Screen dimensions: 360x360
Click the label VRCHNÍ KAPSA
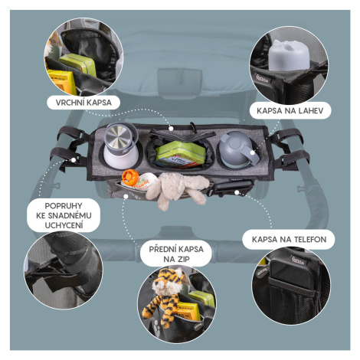83,103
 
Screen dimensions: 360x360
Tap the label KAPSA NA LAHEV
290,111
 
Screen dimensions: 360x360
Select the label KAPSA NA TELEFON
289,240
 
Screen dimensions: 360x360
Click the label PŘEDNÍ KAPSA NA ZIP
176,254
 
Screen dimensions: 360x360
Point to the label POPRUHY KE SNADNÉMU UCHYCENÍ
64,215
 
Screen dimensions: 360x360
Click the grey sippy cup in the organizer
238,150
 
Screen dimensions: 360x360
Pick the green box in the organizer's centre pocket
181,154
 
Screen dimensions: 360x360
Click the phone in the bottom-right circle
291,273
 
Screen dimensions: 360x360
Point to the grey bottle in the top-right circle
289,55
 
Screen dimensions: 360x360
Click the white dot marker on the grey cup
253,152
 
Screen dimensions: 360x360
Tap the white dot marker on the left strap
74,160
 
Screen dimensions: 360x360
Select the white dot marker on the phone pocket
237,192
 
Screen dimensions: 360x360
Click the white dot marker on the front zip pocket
126,196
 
